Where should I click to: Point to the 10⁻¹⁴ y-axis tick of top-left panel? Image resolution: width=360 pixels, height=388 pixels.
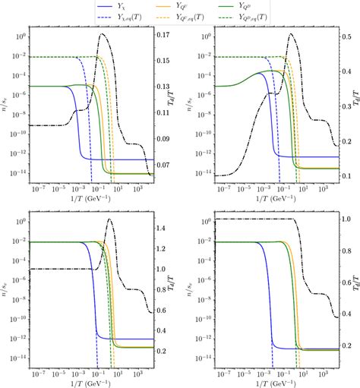click(21, 173)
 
